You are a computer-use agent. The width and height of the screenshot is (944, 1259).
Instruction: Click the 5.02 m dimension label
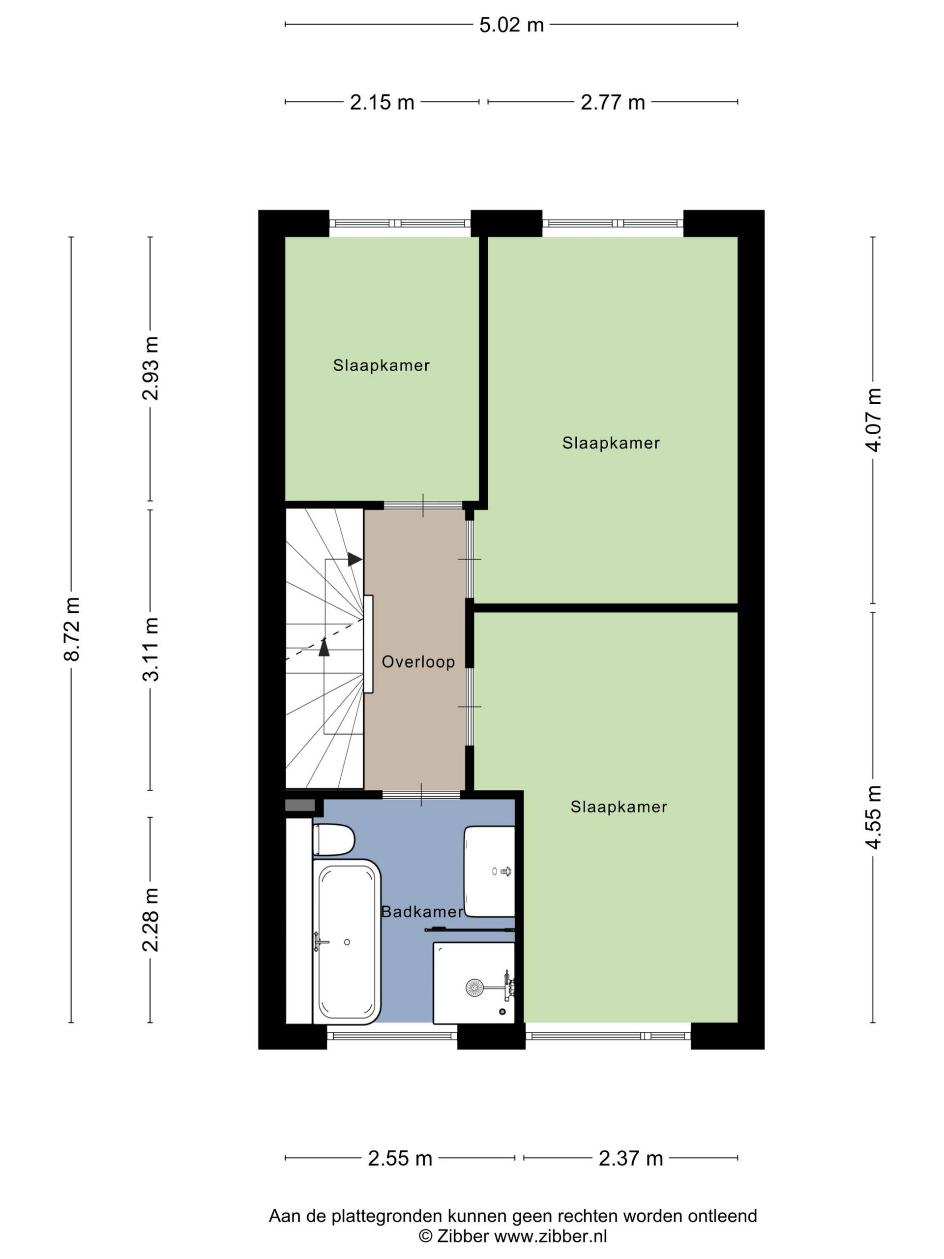tap(511, 25)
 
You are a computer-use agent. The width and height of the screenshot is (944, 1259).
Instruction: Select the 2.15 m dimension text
tap(382, 102)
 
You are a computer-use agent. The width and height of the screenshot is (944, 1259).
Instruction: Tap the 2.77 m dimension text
tap(612, 102)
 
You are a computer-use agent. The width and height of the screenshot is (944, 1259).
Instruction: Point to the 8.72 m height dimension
tap(72, 629)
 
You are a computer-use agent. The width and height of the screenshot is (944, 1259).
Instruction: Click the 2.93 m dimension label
tap(151, 368)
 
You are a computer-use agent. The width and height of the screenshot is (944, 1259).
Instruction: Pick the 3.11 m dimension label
tap(151, 649)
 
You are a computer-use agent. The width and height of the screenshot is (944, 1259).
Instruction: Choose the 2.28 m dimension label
tap(151, 919)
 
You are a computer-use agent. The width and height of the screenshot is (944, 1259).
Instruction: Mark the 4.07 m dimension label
tap(873, 420)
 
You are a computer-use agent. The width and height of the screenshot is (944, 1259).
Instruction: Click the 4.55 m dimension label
tap(873, 817)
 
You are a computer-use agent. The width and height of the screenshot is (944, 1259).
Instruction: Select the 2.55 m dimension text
tap(400, 1158)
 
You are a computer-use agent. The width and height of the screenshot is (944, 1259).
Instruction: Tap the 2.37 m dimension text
tap(630, 1158)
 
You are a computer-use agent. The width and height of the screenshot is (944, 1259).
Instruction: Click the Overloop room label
tap(418, 662)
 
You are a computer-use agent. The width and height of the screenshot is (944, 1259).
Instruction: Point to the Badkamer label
tap(422, 912)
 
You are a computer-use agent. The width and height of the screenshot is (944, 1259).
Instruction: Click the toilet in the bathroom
tap(333, 839)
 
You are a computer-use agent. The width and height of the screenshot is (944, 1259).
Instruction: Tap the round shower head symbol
tap(474, 988)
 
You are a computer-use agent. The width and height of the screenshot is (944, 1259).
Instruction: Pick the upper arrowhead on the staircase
tap(355, 560)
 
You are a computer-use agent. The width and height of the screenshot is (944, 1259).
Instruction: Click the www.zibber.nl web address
tap(551, 1236)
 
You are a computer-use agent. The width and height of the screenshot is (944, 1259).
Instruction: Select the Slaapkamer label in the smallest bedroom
tap(381, 365)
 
